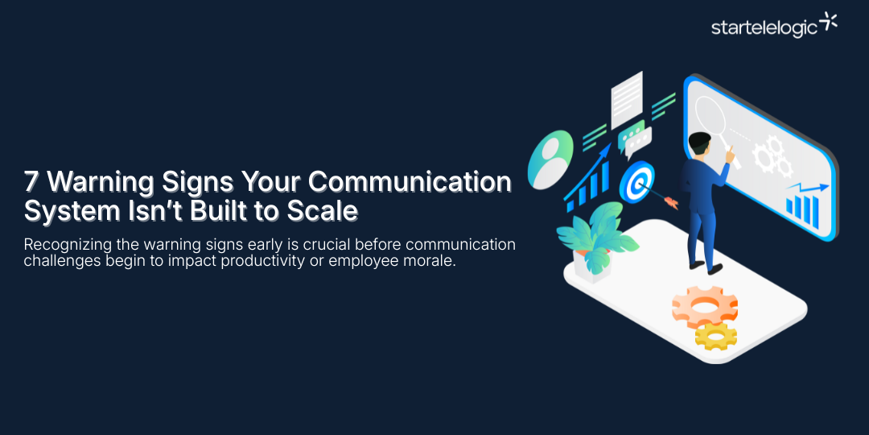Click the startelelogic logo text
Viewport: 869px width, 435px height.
[764, 27]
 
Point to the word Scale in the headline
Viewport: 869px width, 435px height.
[325, 211]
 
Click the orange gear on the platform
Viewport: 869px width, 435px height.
[704, 306]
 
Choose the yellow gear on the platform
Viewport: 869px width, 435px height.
[715, 336]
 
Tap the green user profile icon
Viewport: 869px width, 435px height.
[550, 158]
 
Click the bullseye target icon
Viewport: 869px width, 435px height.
[636, 182]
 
